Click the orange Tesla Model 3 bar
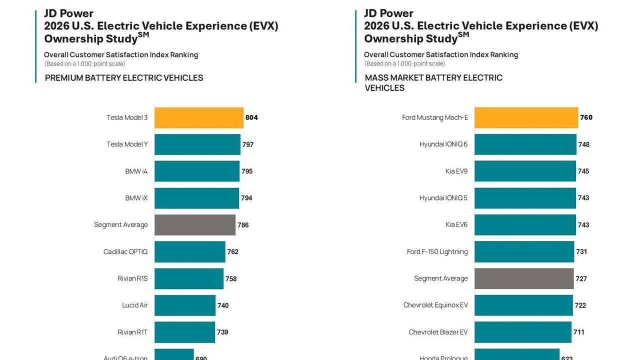click(198, 118)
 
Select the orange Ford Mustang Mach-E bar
click(526, 118)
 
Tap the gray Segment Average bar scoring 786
click(194, 225)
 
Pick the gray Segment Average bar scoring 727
click(523, 278)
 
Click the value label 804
click(251, 118)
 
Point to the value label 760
click(586, 118)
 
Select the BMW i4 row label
click(136, 171)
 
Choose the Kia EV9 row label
click(456, 171)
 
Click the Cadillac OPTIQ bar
click(189, 252)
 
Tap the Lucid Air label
click(134, 305)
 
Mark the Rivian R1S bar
click(188, 278)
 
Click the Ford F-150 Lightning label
click(437, 252)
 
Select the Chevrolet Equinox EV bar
click(523, 305)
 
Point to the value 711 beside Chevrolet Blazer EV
click(578, 332)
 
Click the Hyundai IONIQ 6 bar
click(525, 144)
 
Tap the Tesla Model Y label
click(127, 144)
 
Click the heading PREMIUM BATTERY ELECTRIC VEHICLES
click(124, 78)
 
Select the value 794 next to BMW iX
click(246, 198)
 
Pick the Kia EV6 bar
click(525, 225)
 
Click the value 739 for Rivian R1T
click(222, 332)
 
